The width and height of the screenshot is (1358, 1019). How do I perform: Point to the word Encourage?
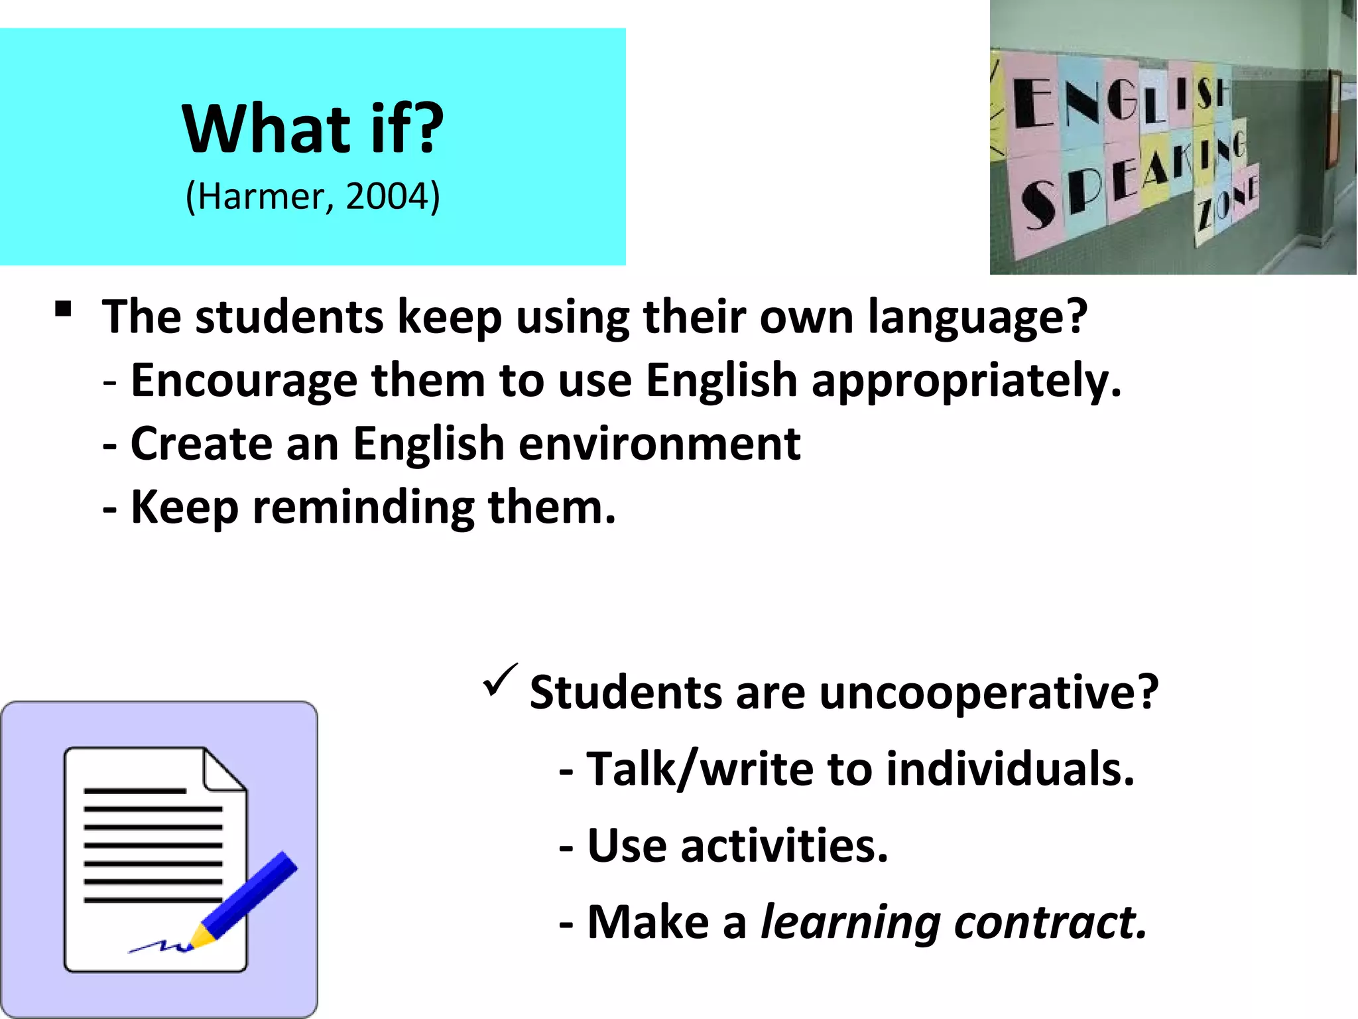(243, 381)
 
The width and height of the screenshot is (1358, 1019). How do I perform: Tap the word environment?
(659, 444)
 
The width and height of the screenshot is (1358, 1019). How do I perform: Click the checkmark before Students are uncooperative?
(500, 681)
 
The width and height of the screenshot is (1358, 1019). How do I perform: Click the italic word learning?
(850, 924)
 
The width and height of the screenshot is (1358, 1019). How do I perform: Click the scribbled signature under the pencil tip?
(159, 947)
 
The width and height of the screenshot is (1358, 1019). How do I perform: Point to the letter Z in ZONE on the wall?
(1205, 214)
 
